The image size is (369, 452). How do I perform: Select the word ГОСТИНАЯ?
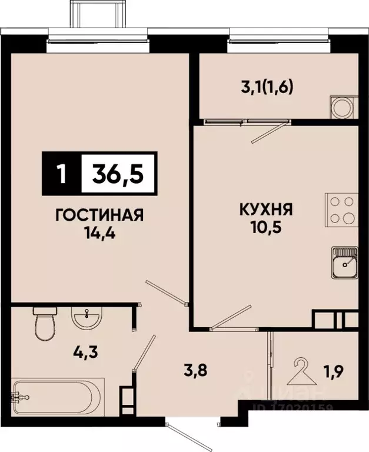(x=99, y=215)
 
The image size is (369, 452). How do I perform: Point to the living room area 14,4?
(x=99, y=231)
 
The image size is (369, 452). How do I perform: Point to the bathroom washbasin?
(x=87, y=320)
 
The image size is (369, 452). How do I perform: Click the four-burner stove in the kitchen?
(x=341, y=210)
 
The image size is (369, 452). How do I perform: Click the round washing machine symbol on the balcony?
(x=342, y=108)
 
